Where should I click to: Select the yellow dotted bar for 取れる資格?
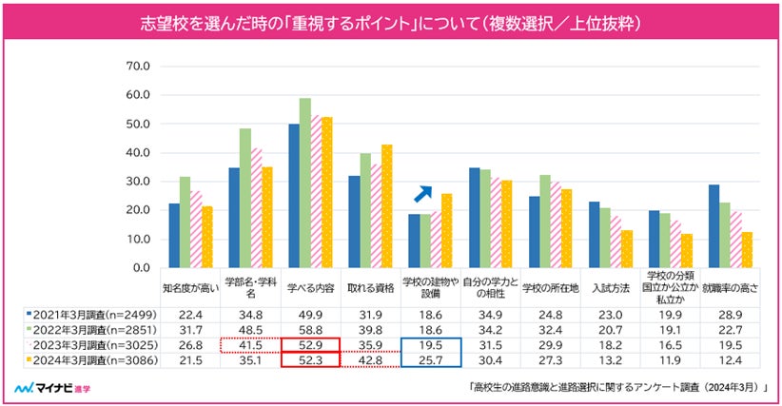pos(386,205)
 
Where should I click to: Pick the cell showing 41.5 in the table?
pos(251,343)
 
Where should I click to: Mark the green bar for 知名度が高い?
pos(185,222)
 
